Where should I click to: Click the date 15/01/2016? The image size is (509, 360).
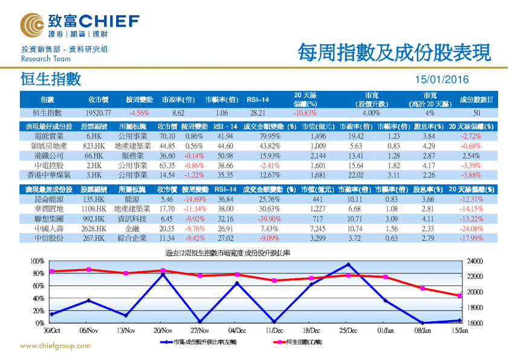coord(441,80)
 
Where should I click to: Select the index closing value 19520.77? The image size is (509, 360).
coord(99,113)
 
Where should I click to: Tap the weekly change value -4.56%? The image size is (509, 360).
coord(138,113)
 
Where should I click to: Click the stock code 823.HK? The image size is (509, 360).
coord(95,146)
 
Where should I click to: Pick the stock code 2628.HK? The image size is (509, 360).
coord(95,229)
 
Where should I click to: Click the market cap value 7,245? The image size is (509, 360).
coord(317,229)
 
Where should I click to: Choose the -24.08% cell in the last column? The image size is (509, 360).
coord(472,229)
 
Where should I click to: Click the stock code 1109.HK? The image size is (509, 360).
coord(95,209)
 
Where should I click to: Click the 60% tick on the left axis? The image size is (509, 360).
coord(37,286)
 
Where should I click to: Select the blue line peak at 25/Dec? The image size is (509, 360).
coord(348,264)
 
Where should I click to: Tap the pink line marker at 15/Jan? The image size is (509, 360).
coord(459,295)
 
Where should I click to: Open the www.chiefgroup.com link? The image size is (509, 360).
coord(56,346)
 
